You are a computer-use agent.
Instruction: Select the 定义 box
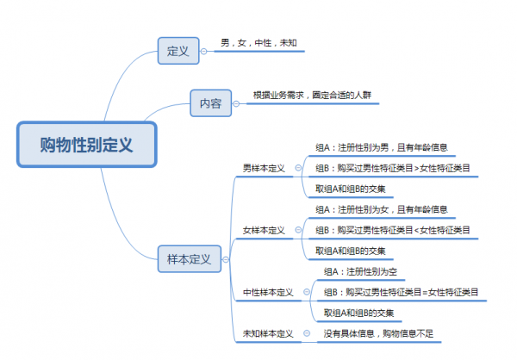pyautogui.click(x=178, y=51)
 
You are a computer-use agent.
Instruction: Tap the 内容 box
pyautogui.click(x=210, y=104)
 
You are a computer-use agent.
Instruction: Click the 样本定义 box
pyautogui.click(x=190, y=258)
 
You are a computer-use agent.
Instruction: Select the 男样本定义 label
pyautogui.click(x=264, y=168)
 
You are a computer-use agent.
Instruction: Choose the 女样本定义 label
pyautogui.click(x=264, y=230)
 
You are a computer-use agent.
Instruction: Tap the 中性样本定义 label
pyautogui.click(x=268, y=292)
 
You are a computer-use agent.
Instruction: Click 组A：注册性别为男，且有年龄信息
pyautogui.click(x=380, y=146)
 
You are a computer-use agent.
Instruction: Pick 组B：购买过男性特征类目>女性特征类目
pyautogui.click(x=392, y=168)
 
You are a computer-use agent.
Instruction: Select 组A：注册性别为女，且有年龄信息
pyautogui.click(x=380, y=208)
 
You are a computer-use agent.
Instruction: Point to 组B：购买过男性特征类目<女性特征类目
pyautogui.click(x=392, y=230)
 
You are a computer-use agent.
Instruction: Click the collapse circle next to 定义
pyautogui.click(x=203, y=51)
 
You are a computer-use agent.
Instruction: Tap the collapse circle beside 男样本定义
pyautogui.click(x=298, y=168)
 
